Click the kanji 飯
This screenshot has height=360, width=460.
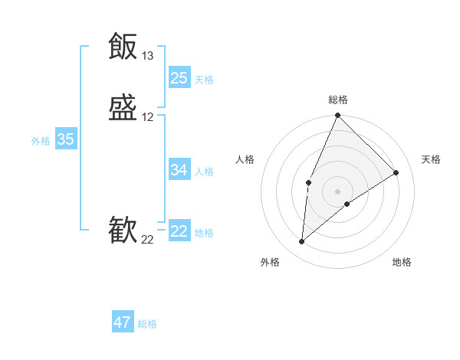coord(123,47)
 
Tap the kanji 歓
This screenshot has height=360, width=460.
coord(123,231)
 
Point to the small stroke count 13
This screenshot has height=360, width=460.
coord(147,56)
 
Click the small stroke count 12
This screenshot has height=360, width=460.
coord(147,117)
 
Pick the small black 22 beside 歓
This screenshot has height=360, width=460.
coord(147,240)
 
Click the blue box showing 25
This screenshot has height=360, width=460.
coord(179,78)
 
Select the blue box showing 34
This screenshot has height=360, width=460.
coord(179,170)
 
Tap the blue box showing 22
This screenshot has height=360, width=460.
coord(179,231)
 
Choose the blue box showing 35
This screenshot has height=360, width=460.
coord(66,139)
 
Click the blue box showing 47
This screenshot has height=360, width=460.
coord(123,322)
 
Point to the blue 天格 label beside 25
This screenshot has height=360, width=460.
coord(204,80)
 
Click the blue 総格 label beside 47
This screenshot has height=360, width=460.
coord(147,324)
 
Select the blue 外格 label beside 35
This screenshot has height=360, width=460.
coord(41,141)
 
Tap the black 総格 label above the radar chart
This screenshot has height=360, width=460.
coord(338,100)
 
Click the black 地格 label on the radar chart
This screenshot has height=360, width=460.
coord(402,262)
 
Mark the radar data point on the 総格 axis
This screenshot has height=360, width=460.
coord(337,116)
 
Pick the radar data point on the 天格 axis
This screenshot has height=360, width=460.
coord(396,172)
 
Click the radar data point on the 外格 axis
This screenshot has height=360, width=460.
coord(301,242)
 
